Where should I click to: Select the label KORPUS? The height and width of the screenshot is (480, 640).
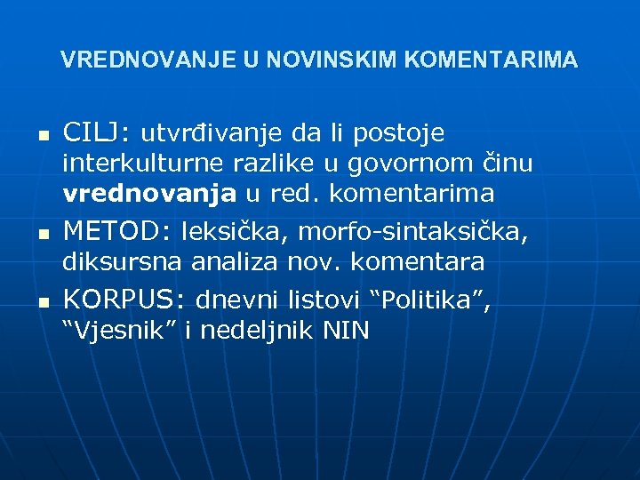124,298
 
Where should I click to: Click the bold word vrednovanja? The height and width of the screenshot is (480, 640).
149,196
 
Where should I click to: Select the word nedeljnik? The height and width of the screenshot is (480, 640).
260,331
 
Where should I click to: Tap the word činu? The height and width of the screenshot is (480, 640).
506,165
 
